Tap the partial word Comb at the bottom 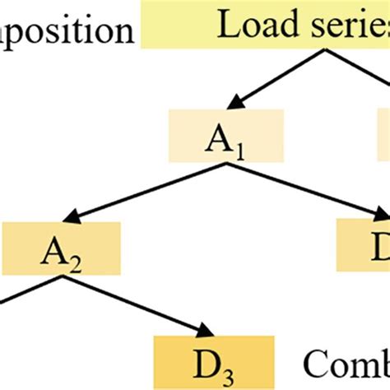click(346, 362)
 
